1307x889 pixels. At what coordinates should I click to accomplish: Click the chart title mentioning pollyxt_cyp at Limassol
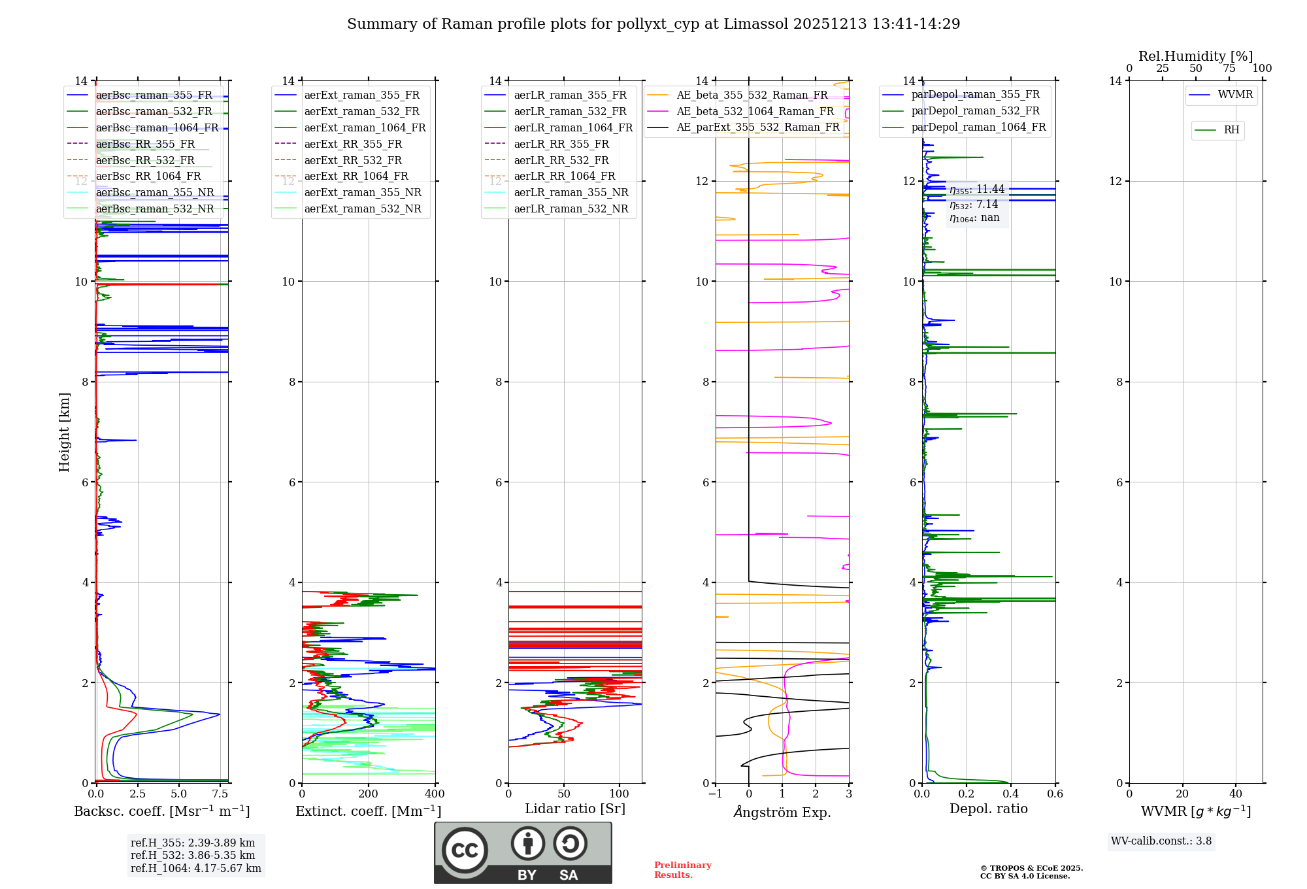(x=653, y=24)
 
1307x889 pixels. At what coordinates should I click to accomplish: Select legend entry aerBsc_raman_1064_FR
(x=157, y=127)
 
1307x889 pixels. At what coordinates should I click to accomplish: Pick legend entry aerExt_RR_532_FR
(x=353, y=160)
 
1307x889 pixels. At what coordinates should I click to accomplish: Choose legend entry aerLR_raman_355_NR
(x=571, y=192)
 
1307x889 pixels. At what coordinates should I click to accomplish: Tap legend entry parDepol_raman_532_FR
(x=975, y=111)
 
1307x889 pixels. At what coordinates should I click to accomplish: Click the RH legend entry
(x=1231, y=130)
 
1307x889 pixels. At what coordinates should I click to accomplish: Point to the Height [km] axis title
(x=64, y=431)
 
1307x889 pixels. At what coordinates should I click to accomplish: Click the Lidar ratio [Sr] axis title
(x=575, y=809)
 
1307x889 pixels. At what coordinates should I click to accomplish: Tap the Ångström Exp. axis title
(x=782, y=812)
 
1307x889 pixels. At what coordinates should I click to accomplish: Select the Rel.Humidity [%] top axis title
(x=1195, y=56)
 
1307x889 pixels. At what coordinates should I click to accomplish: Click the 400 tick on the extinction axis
(x=435, y=794)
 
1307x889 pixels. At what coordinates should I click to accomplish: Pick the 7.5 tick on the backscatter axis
(x=220, y=794)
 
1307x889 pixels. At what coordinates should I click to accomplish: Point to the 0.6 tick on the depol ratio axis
(x=1055, y=794)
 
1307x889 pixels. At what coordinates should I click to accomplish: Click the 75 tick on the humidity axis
(x=1229, y=69)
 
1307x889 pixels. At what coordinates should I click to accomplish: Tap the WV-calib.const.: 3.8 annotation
(x=1161, y=841)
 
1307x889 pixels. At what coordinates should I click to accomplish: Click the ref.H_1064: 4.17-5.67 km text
(x=196, y=868)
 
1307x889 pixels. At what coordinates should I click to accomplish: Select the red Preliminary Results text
(x=682, y=869)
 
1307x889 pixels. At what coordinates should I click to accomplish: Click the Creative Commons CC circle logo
(x=465, y=850)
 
